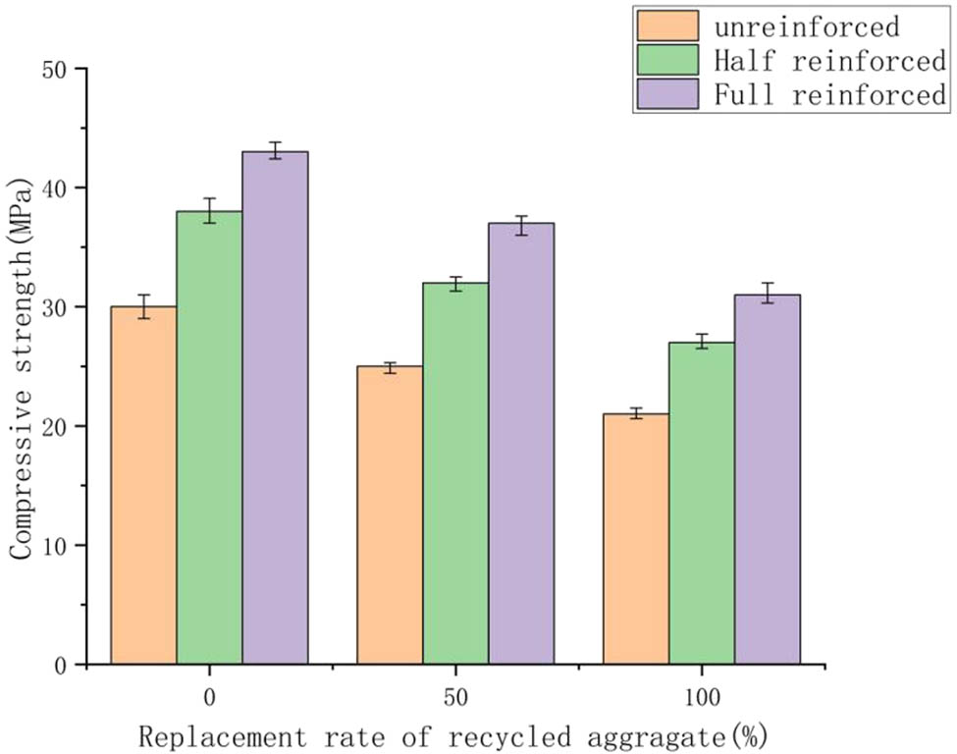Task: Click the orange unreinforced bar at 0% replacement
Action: (143, 486)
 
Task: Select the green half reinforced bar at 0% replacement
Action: (209, 438)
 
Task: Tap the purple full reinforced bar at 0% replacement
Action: (275, 408)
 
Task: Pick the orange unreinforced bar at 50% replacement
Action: (390, 515)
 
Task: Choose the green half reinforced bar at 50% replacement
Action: (455, 473)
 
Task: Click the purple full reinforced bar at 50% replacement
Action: (521, 444)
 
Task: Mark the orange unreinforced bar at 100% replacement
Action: (636, 539)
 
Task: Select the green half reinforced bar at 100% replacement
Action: (702, 503)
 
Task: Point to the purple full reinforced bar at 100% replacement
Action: (768, 479)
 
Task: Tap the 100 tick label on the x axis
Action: (702, 698)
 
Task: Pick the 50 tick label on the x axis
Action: (455, 698)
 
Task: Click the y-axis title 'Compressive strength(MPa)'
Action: (24, 363)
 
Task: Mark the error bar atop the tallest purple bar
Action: (275, 150)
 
